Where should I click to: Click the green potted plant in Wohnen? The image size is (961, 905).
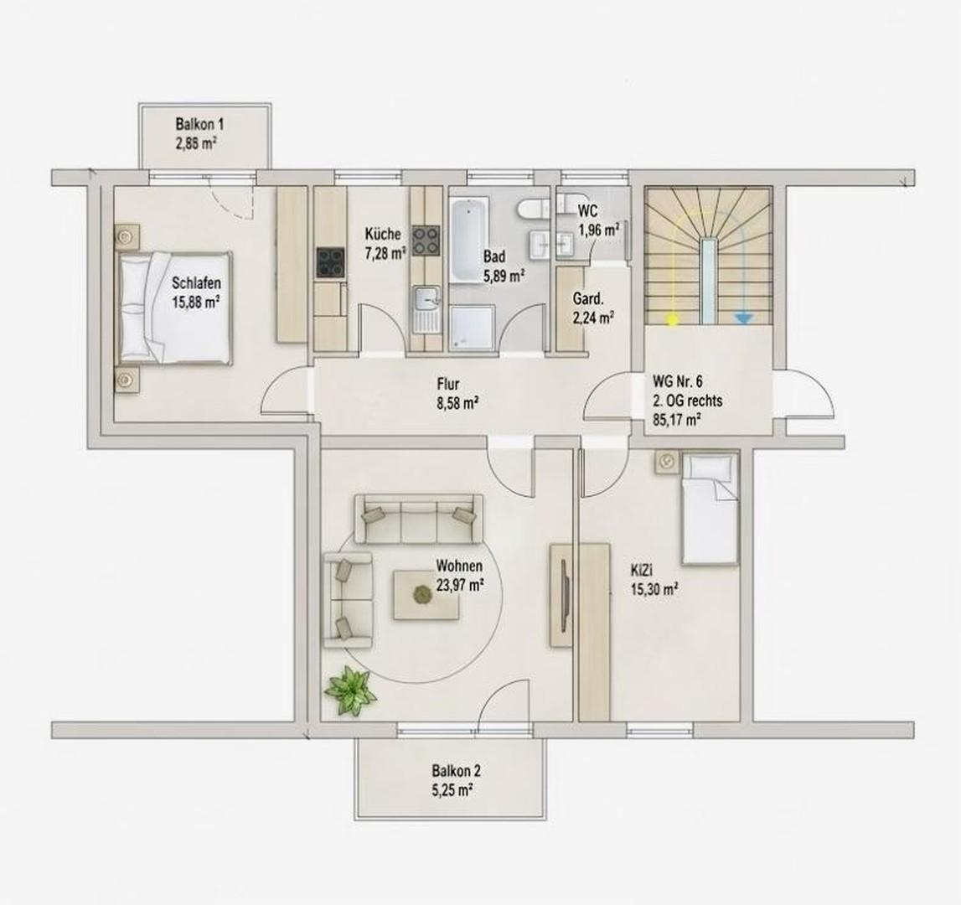[351, 691]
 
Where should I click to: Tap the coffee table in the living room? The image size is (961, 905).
[426, 595]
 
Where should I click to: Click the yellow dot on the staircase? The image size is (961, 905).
[672, 318]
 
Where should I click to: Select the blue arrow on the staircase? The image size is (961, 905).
[743, 318]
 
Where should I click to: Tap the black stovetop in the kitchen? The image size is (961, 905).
[331, 261]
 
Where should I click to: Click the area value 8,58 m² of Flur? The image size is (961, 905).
[454, 403]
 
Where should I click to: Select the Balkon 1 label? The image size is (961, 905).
[199, 125]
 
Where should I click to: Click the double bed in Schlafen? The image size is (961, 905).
[175, 308]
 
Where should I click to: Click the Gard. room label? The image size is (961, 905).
[588, 300]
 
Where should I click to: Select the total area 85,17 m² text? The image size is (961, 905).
[677, 420]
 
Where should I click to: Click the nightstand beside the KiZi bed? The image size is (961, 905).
[668, 461]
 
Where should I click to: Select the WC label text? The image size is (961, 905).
[587, 211]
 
